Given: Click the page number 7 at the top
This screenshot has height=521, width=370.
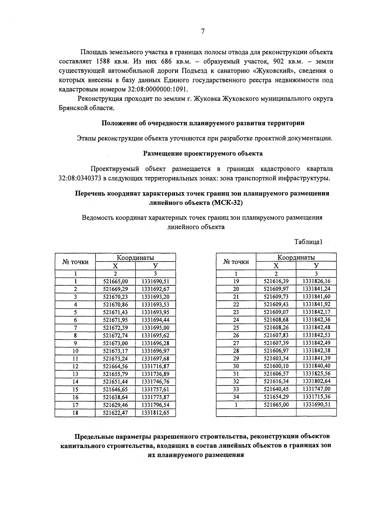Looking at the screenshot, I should [203, 31].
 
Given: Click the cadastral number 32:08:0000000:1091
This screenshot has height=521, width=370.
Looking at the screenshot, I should [157, 89].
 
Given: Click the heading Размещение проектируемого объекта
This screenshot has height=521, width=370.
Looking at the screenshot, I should [203, 153].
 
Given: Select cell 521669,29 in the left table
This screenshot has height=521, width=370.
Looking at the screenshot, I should [115, 289].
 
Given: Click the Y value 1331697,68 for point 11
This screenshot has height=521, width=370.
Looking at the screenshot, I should [155, 359].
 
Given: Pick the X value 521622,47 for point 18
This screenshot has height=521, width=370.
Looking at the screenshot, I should [115, 413].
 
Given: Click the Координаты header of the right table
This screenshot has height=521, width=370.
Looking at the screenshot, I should [296, 257].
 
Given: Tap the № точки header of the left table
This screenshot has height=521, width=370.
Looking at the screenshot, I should [75, 262].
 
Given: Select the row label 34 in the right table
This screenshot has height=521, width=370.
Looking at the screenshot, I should [236, 397].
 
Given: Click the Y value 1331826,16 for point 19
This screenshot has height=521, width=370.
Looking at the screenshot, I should [316, 281].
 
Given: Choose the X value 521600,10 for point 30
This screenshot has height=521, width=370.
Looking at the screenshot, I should [276, 366].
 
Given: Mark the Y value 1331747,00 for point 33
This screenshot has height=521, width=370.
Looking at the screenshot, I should [316, 389].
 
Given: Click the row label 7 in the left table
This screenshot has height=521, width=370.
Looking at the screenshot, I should [75, 328].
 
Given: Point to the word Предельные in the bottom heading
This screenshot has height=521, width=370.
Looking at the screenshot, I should [94, 437].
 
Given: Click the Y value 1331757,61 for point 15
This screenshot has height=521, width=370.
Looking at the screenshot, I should [155, 389].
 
